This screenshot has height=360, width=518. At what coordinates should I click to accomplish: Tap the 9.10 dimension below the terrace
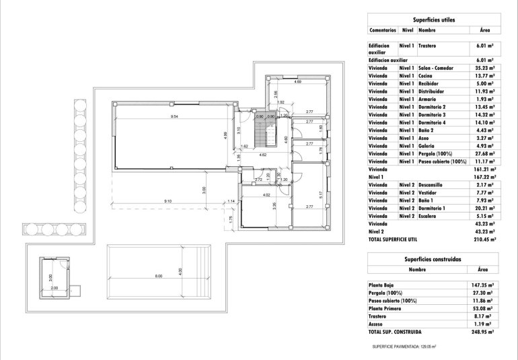click(167, 201)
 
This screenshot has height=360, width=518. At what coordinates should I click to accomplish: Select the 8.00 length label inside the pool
click(159, 277)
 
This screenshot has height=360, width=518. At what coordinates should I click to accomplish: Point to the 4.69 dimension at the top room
click(297, 81)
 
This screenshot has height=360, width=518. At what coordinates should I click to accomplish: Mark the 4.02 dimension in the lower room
click(266, 195)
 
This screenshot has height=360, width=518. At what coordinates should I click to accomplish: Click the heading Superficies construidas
click(433, 258)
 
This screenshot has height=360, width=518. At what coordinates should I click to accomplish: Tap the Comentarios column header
click(382, 30)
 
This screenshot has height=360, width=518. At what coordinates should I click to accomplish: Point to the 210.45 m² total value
click(484, 238)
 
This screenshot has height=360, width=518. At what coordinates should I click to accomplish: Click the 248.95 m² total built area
click(484, 332)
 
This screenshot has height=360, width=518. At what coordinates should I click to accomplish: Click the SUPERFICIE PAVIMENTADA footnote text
click(404, 347)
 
